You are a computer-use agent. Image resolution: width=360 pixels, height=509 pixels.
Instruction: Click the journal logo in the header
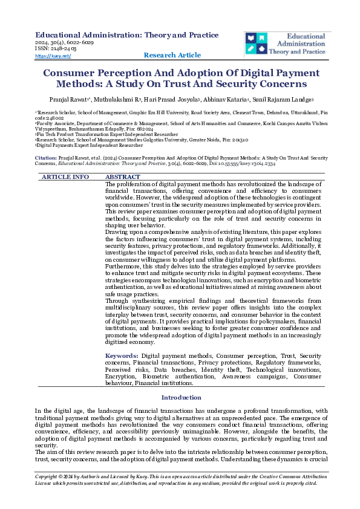click(x=287, y=44)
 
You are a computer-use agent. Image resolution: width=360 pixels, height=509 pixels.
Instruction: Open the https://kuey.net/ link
click(x=53, y=56)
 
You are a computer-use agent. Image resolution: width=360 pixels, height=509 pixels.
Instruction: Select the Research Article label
click(x=172, y=55)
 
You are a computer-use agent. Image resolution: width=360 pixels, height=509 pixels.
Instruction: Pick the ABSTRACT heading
click(x=123, y=160)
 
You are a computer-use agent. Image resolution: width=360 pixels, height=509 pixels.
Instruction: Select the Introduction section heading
click(x=180, y=397)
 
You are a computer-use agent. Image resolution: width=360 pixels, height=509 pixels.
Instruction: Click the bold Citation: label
click(x=46, y=157)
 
